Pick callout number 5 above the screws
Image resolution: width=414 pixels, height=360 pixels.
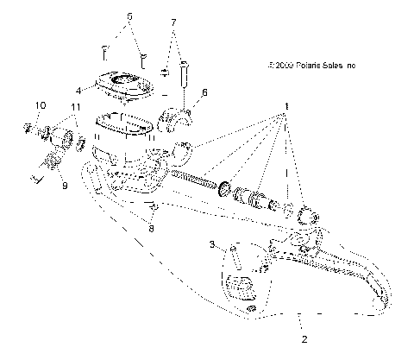(x=129, y=16)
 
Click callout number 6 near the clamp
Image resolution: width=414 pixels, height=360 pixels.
(x=204, y=91)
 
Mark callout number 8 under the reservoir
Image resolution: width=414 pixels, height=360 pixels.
(x=152, y=229)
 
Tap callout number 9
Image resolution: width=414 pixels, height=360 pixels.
(x=61, y=183)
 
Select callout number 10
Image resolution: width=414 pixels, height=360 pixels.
(x=40, y=105)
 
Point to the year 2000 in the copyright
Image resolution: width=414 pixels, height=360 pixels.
(x=285, y=64)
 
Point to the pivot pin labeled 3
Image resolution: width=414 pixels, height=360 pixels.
(x=232, y=260)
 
